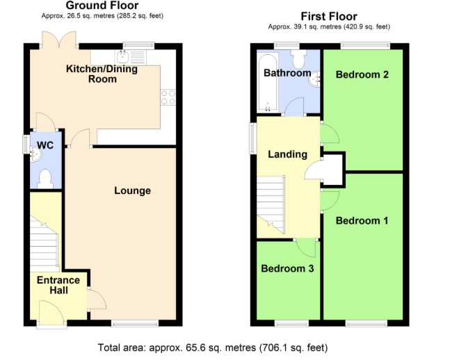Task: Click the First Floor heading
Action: pos(329,16)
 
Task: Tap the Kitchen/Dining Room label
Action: pos(102,74)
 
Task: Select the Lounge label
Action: pos(133,190)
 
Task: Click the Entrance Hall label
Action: pos(58,285)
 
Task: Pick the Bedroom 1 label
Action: pos(362,220)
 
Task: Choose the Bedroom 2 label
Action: pos(362,74)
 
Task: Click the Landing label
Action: pos(288,154)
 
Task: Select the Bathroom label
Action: pos(287,73)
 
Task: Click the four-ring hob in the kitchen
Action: pos(168,97)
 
